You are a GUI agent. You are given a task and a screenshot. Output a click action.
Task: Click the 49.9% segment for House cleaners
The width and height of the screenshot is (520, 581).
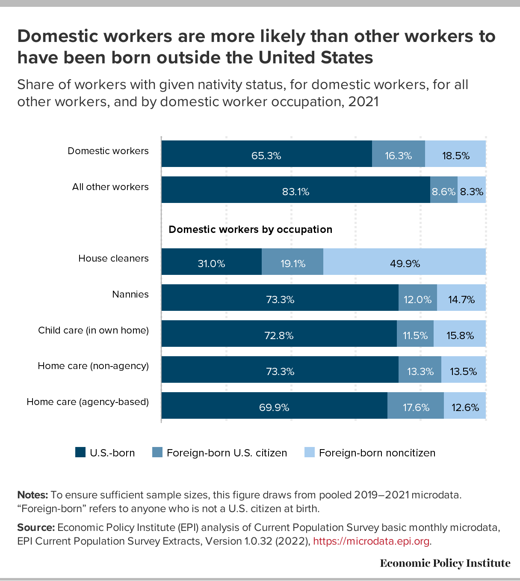click(405, 262)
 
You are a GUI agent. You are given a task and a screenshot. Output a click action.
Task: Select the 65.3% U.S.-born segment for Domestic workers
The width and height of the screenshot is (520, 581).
click(266, 154)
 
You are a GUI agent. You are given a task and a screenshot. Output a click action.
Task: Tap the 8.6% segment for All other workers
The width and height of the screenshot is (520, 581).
click(443, 190)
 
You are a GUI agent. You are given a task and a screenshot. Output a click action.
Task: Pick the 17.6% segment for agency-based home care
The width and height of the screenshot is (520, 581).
click(416, 405)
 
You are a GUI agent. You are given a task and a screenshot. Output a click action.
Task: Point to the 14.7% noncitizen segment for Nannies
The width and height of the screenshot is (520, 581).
click(461, 298)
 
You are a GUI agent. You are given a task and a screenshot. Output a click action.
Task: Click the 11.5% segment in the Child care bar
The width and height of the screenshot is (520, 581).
click(415, 334)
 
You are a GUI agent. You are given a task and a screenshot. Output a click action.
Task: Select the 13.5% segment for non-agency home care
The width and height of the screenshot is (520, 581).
click(464, 369)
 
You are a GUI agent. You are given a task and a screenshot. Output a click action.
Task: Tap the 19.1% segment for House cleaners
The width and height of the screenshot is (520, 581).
click(292, 262)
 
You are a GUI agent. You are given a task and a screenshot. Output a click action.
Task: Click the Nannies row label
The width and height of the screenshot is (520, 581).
click(130, 294)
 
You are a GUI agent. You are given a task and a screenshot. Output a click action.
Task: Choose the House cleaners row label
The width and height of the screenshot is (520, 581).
click(113, 258)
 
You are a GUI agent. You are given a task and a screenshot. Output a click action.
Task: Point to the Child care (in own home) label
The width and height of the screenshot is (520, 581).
click(93, 330)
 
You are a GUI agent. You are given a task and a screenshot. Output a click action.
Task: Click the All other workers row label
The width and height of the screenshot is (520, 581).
click(110, 187)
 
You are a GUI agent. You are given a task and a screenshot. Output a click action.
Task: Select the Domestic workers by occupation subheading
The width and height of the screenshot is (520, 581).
click(250, 229)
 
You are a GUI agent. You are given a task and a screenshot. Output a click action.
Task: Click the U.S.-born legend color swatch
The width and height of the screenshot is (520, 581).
click(80, 453)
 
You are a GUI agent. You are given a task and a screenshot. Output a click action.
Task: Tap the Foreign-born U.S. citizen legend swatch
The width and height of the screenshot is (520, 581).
click(157, 453)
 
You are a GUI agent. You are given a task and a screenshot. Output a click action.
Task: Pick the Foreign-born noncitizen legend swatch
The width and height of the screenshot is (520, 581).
click(309, 453)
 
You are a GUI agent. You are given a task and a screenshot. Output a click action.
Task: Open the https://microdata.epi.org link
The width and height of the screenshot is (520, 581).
click(371, 541)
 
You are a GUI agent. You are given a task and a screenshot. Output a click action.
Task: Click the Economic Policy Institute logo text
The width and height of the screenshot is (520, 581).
click(445, 563)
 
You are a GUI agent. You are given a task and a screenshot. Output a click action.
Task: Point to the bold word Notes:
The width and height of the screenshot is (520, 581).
click(32, 495)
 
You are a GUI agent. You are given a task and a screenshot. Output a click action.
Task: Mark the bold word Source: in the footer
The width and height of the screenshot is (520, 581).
click(36, 527)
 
